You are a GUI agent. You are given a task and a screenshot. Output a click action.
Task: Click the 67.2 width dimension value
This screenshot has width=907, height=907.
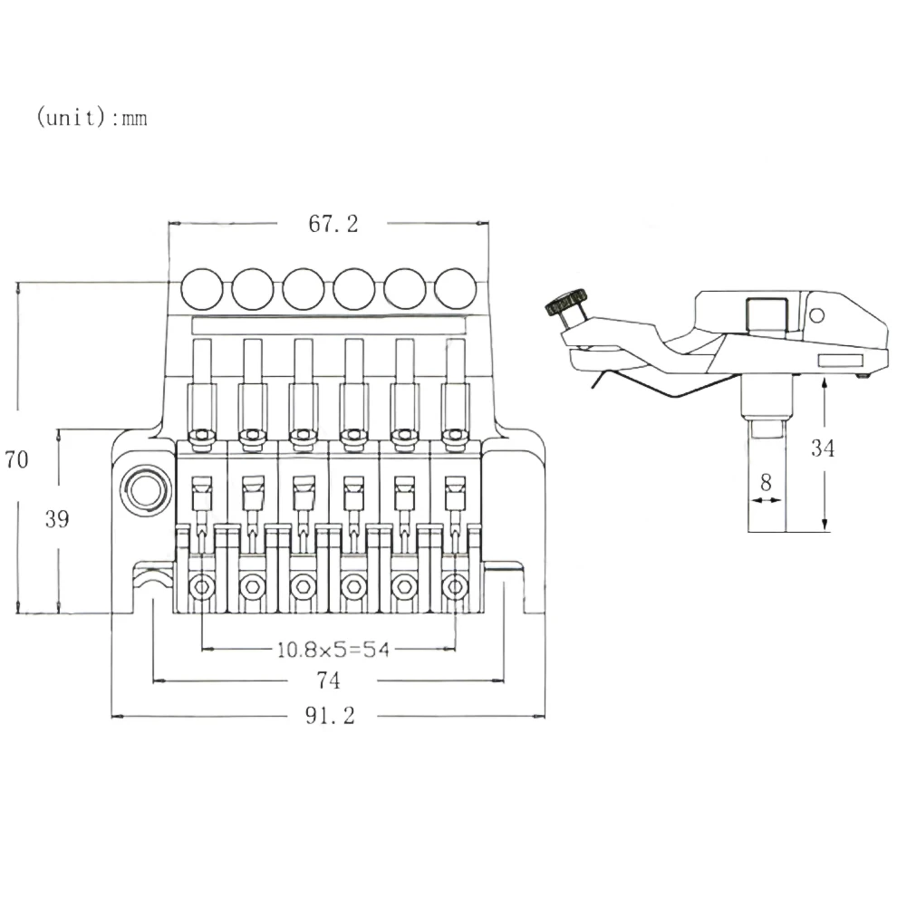pyautogui.click(x=333, y=224)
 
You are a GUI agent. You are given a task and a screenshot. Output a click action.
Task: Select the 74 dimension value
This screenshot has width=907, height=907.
pyautogui.click(x=328, y=680)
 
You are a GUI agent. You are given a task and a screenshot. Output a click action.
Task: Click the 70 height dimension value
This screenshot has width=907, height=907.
pyautogui.click(x=16, y=459)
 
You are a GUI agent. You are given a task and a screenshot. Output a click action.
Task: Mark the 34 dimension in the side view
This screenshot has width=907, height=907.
pyautogui.click(x=822, y=448)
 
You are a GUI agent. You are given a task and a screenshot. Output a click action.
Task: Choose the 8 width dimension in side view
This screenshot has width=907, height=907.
pyautogui.click(x=766, y=481)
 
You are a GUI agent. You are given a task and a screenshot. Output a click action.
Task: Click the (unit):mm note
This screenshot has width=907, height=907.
pyautogui.click(x=92, y=119)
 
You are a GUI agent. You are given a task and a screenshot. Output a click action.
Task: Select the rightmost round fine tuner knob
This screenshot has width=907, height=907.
pyautogui.click(x=455, y=289)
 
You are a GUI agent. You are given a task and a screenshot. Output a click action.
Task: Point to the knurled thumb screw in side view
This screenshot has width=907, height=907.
pyautogui.click(x=566, y=303)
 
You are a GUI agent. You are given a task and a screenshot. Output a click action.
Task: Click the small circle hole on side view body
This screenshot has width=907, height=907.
pyautogui.click(x=816, y=315)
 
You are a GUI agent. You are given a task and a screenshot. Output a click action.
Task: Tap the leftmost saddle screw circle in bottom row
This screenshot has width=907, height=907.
pyautogui.click(x=201, y=589)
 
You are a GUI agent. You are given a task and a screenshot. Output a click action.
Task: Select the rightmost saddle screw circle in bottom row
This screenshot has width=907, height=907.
pyautogui.click(x=454, y=589)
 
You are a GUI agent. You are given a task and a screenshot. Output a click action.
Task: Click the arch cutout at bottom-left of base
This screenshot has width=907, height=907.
pyautogui.click(x=153, y=593)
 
